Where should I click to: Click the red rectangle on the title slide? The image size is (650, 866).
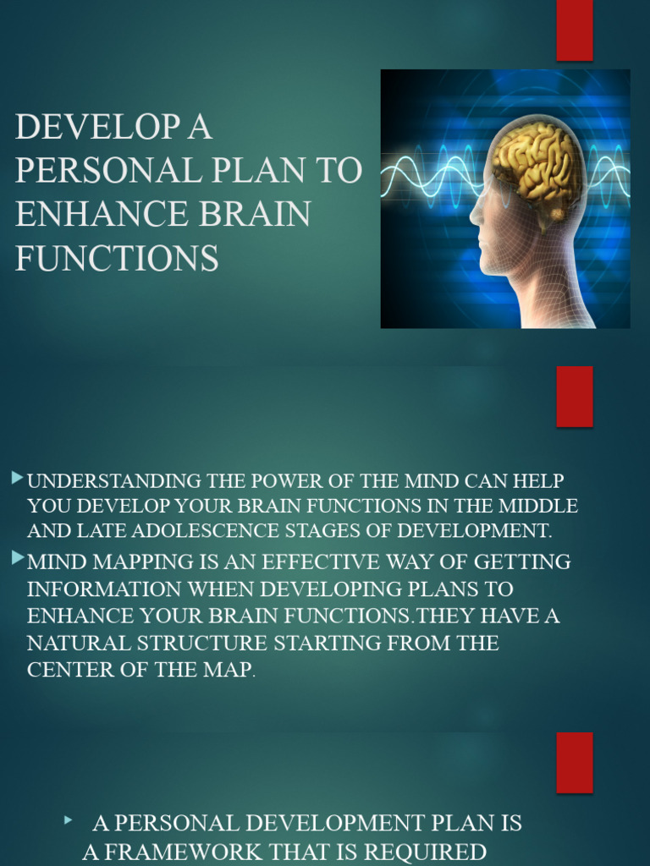tap(574, 30)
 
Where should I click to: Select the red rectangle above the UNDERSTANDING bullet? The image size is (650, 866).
tap(574, 396)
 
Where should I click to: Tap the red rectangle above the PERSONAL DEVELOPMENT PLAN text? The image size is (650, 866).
tap(574, 762)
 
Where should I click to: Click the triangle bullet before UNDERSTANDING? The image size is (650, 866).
tap(18, 480)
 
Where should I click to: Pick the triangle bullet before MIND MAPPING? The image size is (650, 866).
tap(18, 558)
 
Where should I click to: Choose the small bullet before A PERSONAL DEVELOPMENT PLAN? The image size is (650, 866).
tap(69, 819)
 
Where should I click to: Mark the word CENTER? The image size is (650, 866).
tap(64, 670)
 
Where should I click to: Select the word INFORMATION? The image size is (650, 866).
tap(105, 589)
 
